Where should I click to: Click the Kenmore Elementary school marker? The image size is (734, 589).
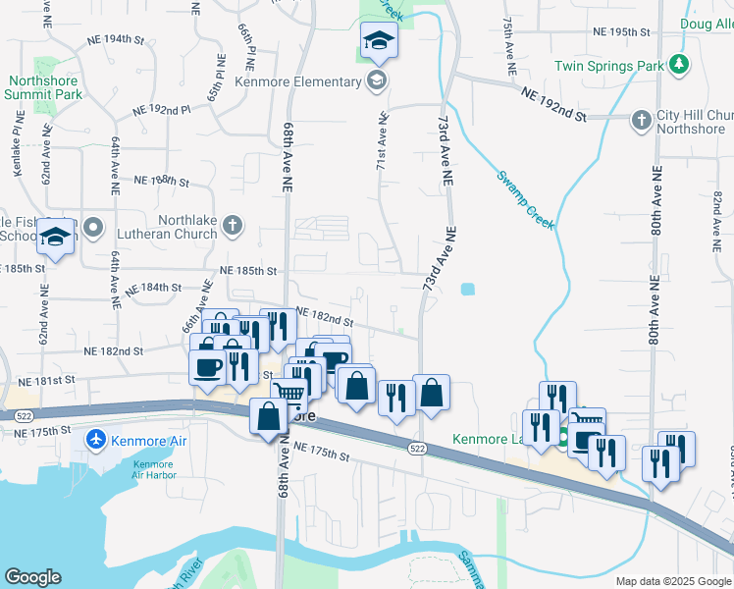pyautogui.click(x=376, y=80)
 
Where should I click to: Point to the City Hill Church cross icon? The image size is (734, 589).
pyautogui.click(x=640, y=120)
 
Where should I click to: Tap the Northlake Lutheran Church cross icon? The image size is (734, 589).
pyautogui.click(x=232, y=226)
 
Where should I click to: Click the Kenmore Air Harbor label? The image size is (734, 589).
pyautogui.click(x=153, y=468)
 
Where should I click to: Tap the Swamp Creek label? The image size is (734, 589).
pyautogui.click(x=525, y=200)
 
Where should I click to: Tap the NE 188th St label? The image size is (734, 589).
pyautogui.click(x=160, y=181)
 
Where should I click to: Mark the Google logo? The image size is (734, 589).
pyautogui.click(x=32, y=577)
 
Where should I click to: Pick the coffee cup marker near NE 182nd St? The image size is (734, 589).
pyautogui.click(x=207, y=367)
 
